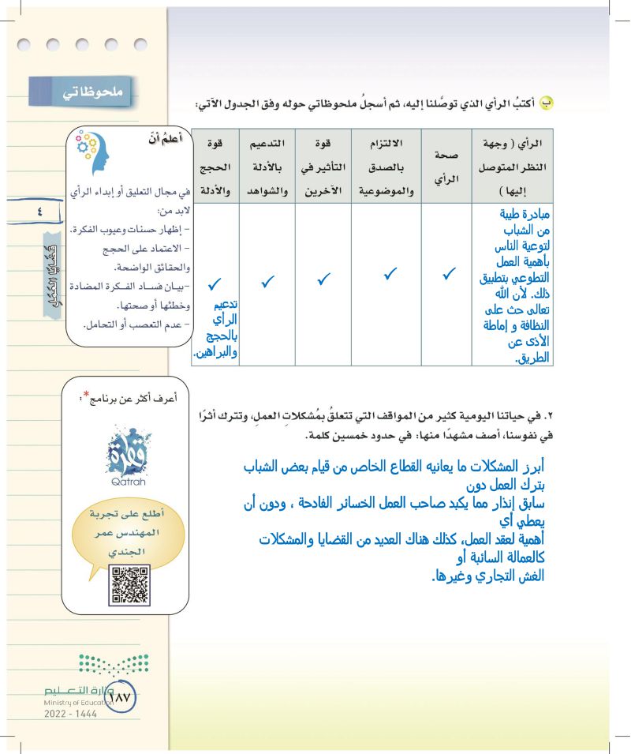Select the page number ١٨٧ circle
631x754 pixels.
(121, 697)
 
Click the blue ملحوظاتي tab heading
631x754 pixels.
(82, 92)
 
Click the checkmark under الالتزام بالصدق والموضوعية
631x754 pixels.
(389, 275)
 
